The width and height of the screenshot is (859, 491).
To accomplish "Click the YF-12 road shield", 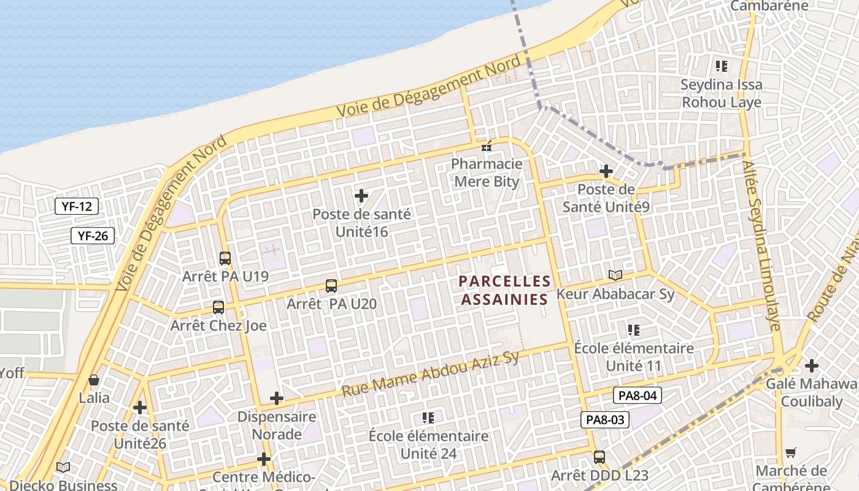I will tap(77, 206).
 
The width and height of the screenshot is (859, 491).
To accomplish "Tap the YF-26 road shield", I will tap(93, 235).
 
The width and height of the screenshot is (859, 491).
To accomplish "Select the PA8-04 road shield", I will tap(638, 396).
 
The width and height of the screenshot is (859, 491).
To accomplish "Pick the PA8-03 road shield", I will tap(605, 420).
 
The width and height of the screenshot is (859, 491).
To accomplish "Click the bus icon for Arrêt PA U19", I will tap(225, 258).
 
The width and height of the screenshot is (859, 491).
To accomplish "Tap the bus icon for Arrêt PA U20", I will tap(331, 285).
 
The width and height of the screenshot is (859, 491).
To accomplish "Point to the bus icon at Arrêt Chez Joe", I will tap(218, 307).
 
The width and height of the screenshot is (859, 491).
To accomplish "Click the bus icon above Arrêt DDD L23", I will tap(599, 457).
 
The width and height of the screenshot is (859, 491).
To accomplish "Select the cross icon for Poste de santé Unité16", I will tap(361, 196).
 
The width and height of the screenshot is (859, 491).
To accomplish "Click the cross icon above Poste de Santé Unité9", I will tap(606, 171).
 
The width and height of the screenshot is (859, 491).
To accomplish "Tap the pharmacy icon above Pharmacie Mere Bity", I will tap(487, 146).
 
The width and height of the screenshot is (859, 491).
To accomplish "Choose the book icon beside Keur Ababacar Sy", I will tap(615, 275).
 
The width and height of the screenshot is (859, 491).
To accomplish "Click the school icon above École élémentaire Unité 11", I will tap(634, 330).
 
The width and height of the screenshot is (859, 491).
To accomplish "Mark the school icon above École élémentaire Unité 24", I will tap(428, 418).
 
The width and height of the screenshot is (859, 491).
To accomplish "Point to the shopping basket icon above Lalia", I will tap(94, 380).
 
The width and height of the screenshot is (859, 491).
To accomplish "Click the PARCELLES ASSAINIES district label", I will tap(504, 290).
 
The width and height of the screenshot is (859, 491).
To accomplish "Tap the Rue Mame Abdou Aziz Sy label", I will tap(431, 374).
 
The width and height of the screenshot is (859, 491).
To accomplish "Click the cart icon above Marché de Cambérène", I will tap(791, 452).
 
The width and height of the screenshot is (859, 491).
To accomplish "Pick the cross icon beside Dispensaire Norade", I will tap(277, 398).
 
